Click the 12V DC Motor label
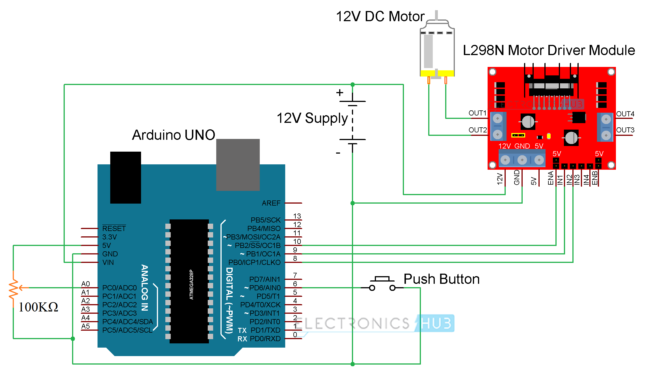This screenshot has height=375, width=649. [380, 16]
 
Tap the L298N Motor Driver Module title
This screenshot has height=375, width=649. [549, 50]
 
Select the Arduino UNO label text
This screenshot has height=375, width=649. [174, 135]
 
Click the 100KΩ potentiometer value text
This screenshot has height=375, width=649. [38, 307]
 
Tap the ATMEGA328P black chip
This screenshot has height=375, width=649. [189, 281]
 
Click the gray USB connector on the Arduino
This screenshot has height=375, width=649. [238, 165]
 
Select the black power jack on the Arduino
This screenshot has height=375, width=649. [126, 177]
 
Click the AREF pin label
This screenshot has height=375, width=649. [271, 203]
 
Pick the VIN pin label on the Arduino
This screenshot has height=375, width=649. [108, 262]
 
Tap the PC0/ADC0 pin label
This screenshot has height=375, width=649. [119, 288]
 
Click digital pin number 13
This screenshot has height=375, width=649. [297, 216]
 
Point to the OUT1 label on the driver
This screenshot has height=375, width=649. [477, 113]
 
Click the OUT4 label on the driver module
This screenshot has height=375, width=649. [625, 114]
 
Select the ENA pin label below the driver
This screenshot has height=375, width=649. [550, 178]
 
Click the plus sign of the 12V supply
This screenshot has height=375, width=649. [340, 93]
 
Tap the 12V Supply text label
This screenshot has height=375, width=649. [312, 118]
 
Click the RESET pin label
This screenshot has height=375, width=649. [114, 228]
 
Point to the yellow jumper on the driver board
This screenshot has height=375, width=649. [518, 136]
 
